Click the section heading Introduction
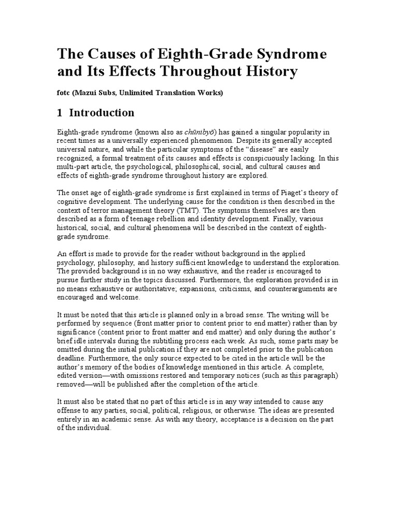tap(102, 112)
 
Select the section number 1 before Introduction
tap(60, 112)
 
